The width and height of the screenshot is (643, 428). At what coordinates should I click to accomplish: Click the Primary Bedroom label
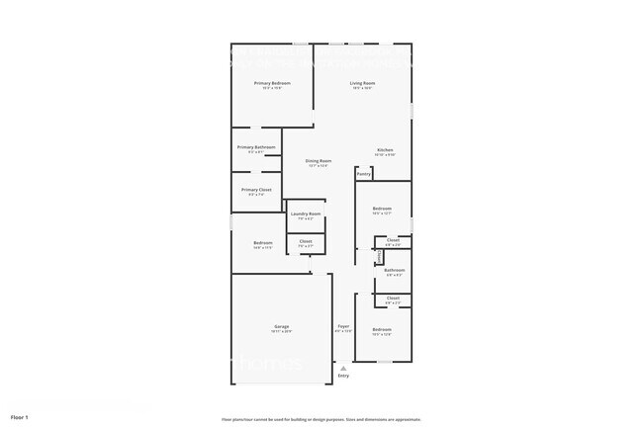pyautogui.click(x=271, y=83)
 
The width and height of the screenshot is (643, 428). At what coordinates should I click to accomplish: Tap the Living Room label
pyautogui.click(x=362, y=83)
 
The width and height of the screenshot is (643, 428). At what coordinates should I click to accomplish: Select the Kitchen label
pyautogui.click(x=385, y=150)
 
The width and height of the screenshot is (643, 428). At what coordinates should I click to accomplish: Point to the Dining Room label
pyautogui.click(x=318, y=160)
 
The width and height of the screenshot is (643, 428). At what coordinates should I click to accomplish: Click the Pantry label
pyautogui.click(x=363, y=174)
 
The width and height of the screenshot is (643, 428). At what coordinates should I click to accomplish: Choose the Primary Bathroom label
pyautogui.click(x=256, y=147)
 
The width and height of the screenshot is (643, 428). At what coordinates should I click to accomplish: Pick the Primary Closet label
pyautogui.click(x=256, y=189)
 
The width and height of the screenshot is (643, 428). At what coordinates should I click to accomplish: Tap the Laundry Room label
pyautogui.click(x=306, y=214)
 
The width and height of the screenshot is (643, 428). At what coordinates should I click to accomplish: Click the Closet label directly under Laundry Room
pyautogui.click(x=306, y=241)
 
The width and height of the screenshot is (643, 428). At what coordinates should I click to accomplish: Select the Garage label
pyautogui.click(x=281, y=326)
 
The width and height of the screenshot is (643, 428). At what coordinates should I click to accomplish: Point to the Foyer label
pyautogui.click(x=343, y=326)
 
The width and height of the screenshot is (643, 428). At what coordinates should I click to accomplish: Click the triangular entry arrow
pyautogui.click(x=343, y=368)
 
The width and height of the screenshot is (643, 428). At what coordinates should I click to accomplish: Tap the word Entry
pyautogui.click(x=343, y=376)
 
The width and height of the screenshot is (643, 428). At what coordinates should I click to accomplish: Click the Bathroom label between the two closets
pyautogui.click(x=394, y=270)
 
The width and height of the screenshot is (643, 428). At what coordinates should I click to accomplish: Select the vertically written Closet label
pyautogui.click(x=380, y=256)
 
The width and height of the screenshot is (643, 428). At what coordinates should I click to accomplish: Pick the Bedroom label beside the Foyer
pyautogui.click(x=382, y=329)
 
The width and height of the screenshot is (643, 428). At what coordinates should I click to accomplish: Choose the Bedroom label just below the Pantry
pyautogui.click(x=382, y=209)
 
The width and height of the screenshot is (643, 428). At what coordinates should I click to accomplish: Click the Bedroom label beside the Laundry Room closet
pyautogui.click(x=262, y=243)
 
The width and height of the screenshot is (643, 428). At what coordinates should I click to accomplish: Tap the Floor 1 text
pyautogui.click(x=20, y=416)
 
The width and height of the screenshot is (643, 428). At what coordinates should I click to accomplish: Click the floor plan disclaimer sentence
pyautogui.click(x=321, y=418)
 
